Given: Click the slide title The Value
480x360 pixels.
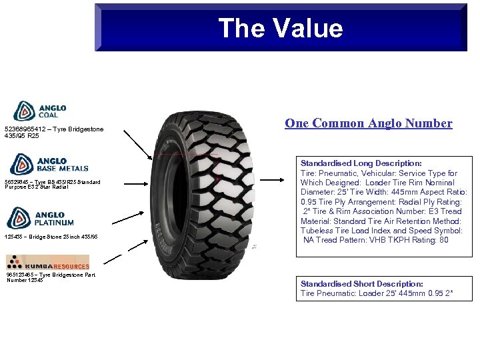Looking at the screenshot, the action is click(x=280, y=28).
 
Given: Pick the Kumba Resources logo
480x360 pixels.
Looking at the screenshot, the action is click(x=47, y=263).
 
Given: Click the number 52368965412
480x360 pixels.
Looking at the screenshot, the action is click(x=25, y=129).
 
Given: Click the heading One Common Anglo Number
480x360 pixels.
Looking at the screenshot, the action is click(x=368, y=123).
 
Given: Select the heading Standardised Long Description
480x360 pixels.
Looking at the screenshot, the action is click(x=361, y=163).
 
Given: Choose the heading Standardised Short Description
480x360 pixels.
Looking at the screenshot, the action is click(x=361, y=284).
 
